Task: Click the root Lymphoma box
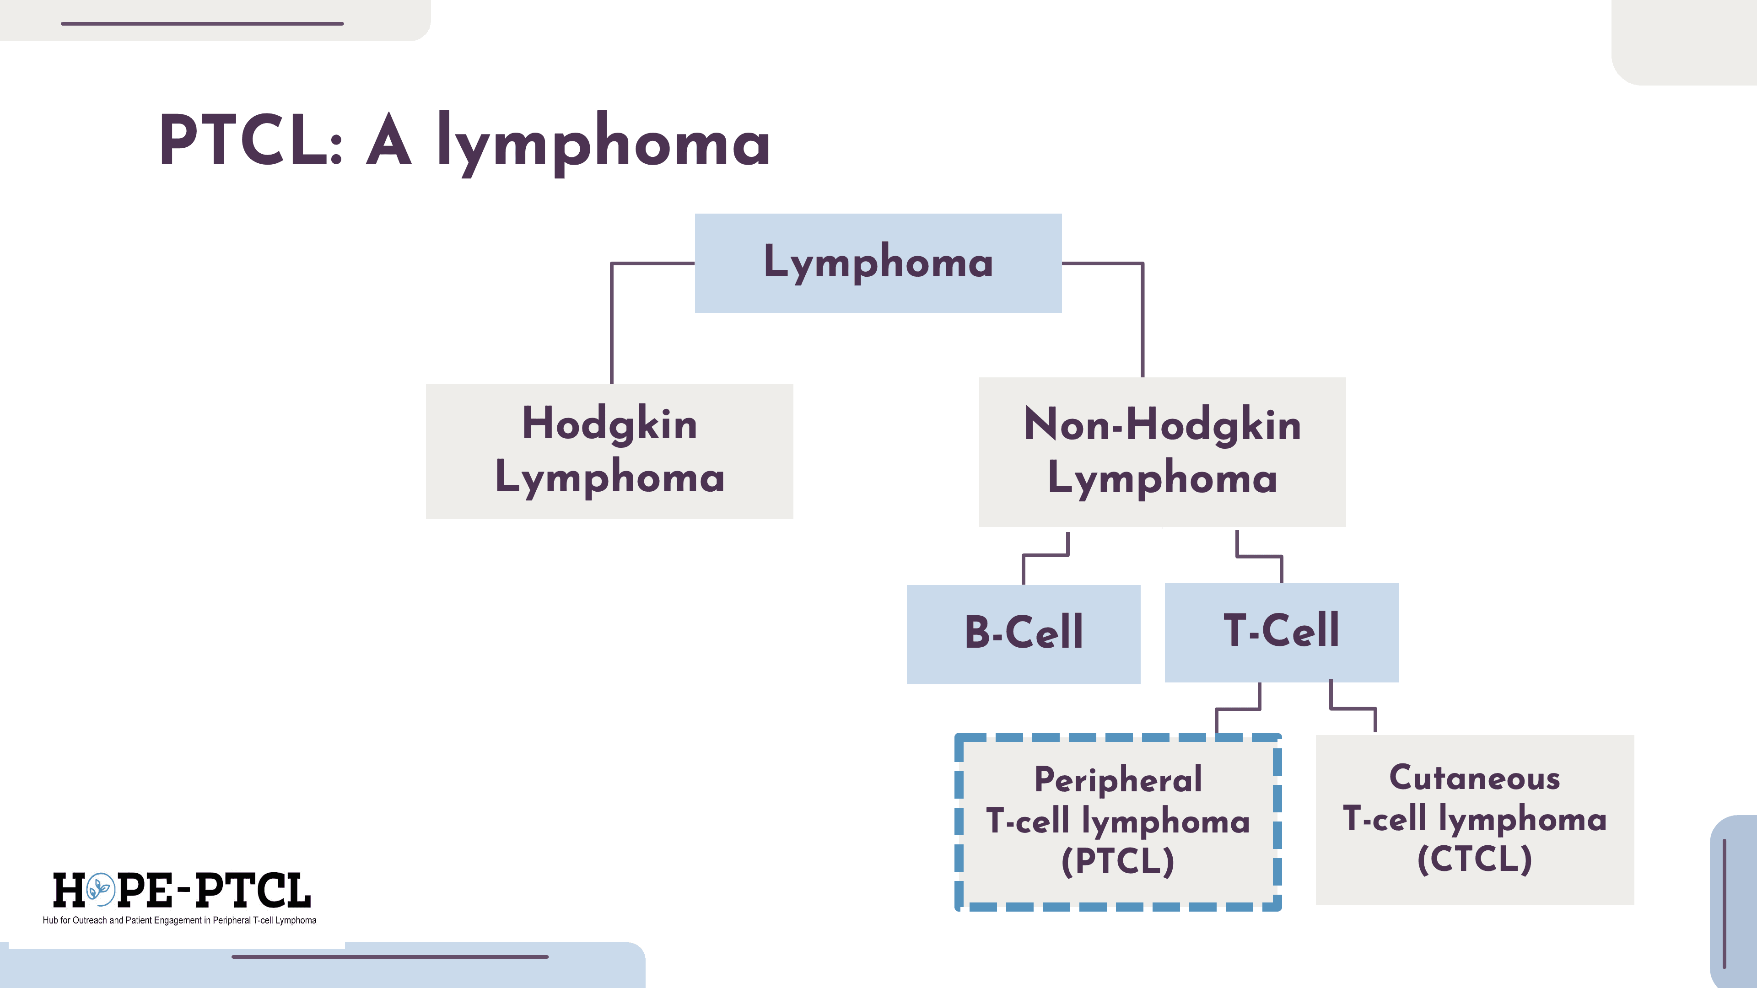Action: tap(878, 263)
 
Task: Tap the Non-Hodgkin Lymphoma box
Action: tap(1162, 451)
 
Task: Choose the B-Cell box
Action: tap(1023, 634)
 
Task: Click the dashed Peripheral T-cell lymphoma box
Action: tap(1118, 822)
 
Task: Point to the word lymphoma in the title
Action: tap(604, 143)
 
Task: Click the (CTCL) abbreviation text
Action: tap(1475, 859)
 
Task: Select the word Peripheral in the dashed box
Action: tap(1118, 780)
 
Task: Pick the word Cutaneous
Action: tap(1475, 778)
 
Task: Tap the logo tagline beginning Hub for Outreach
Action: tap(179, 920)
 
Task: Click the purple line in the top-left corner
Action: tap(202, 24)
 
